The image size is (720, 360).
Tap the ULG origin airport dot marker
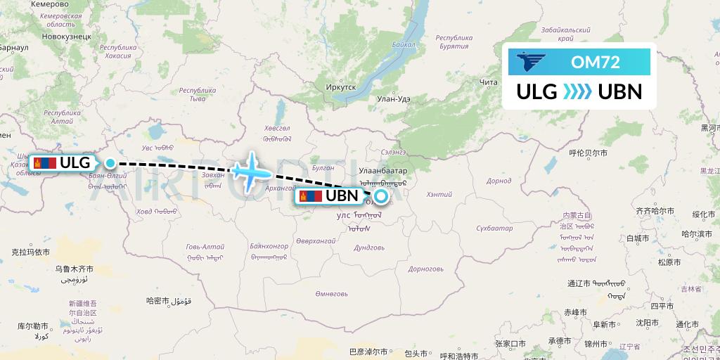coord(110,162)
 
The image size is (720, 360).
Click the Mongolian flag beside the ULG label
coord(46,162)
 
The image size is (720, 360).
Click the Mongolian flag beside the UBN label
coord(311,195)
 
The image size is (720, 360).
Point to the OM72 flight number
coord(595,62)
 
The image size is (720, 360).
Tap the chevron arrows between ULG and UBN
coord(578,92)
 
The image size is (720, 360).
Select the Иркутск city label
coord(342,86)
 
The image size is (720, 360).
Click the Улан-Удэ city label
coord(394,99)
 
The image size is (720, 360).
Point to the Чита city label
coord(488,83)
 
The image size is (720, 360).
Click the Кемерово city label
coord(50,4)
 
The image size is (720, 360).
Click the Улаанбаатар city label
coord(383,171)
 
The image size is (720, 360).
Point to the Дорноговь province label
coord(426,269)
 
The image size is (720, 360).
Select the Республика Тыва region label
coord(197,94)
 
